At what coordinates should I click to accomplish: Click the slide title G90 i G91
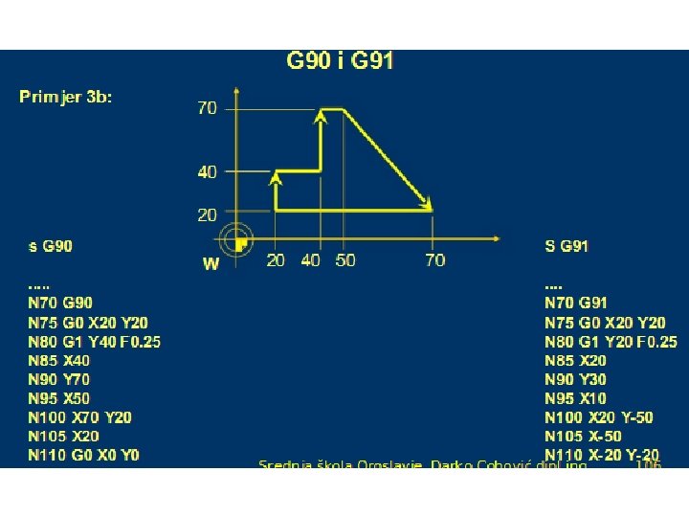(341, 62)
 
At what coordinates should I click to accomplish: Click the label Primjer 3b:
(66, 97)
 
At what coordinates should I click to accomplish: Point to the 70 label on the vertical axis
(207, 108)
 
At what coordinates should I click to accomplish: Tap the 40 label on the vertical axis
(207, 172)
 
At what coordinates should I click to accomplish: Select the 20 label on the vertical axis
(207, 215)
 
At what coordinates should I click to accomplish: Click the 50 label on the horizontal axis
(345, 260)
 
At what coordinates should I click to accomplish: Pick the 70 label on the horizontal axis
(434, 260)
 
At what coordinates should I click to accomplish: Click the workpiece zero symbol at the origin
(236, 240)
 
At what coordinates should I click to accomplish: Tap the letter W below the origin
(211, 264)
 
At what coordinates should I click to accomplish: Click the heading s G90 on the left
(51, 247)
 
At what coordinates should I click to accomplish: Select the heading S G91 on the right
(567, 247)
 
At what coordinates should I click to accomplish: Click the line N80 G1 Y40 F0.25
(94, 342)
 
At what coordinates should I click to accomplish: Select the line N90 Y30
(575, 379)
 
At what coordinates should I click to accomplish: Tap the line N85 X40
(59, 361)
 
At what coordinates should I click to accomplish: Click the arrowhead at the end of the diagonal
(429, 205)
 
